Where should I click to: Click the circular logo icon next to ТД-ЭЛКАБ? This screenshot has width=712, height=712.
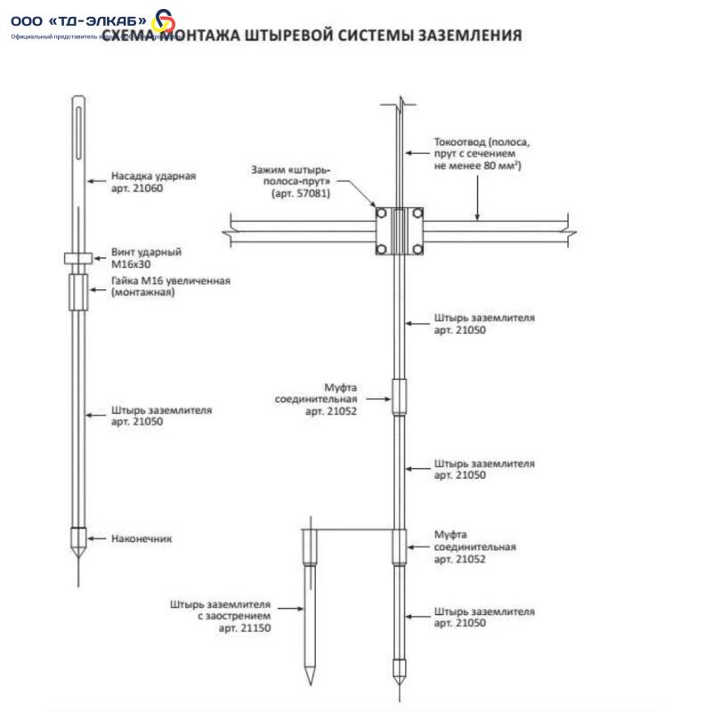165,21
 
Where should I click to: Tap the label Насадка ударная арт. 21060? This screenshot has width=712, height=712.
153,182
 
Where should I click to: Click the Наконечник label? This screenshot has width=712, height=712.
142,538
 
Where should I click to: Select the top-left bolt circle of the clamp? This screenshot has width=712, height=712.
382,216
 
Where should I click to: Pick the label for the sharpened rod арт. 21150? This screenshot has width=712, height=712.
221,615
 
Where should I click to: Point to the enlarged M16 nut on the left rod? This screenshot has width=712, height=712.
78,287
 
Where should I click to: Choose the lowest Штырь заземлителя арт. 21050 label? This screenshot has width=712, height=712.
484,618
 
